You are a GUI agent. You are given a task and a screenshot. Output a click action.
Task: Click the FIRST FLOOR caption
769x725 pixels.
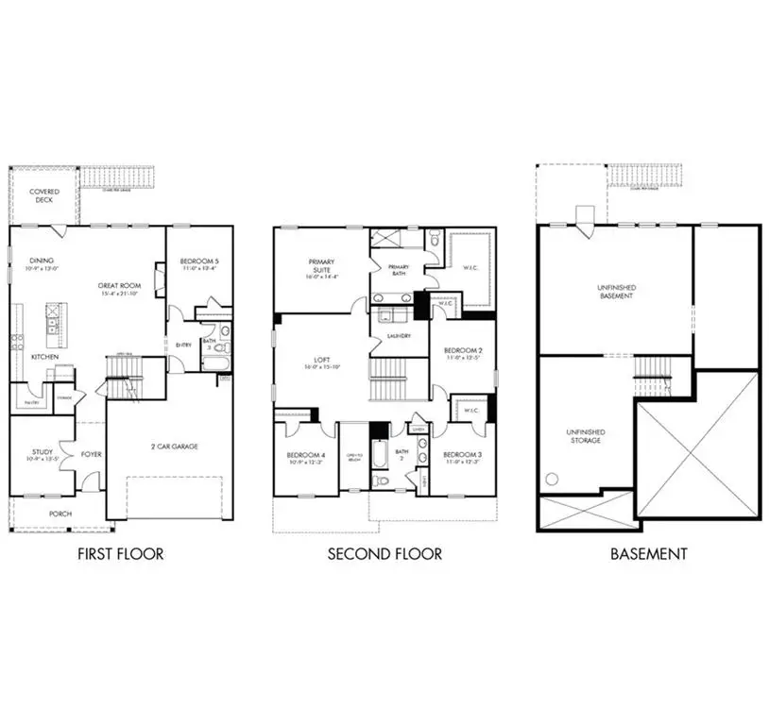tap(120, 554)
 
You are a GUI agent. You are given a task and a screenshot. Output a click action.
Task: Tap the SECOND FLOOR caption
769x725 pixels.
tap(384, 554)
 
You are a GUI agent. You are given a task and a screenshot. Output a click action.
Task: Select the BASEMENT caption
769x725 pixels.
tap(648, 554)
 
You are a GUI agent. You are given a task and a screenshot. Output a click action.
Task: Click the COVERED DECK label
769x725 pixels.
tap(44, 196)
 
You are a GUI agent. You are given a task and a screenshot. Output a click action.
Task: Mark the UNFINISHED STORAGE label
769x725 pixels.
tap(586, 436)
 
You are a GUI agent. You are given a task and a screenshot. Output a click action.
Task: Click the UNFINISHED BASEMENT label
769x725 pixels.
tap(614, 292)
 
